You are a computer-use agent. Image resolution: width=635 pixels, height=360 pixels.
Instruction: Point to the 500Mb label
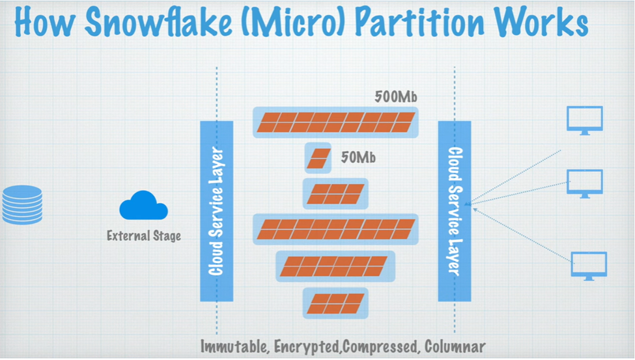point(396,97)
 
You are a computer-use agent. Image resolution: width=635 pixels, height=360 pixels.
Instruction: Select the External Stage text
point(143,236)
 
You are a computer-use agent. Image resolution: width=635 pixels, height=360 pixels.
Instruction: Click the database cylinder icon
point(22,205)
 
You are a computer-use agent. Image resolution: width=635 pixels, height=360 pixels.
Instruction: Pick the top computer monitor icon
point(584,120)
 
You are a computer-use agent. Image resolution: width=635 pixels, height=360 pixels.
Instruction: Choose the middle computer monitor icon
point(584,183)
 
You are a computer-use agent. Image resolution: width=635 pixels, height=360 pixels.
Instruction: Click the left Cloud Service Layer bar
point(216,211)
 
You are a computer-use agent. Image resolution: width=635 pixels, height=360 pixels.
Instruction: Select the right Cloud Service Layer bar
point(454,211)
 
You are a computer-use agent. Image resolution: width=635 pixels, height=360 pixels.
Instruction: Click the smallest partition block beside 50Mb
point(318,158)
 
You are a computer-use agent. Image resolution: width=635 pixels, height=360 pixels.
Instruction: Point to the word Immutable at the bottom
point(233,346)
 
